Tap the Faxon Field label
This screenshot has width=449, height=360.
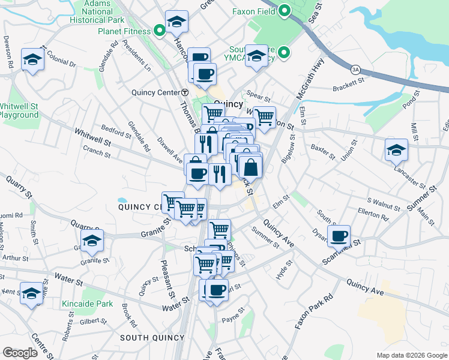pos(254,11)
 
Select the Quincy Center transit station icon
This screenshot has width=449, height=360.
pos(185,92)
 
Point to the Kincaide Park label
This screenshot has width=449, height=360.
pos(87,304)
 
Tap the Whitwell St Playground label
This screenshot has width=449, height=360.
pos(19,110)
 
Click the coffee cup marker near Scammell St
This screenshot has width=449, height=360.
pos(339,236)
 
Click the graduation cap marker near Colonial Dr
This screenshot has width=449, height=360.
pos(32,59)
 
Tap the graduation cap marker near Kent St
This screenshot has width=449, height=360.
pos(32,293)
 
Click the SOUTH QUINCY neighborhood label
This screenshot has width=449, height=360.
pos(152,338)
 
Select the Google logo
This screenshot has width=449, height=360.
pos(20,353)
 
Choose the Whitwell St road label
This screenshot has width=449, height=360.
pos(93,138)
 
